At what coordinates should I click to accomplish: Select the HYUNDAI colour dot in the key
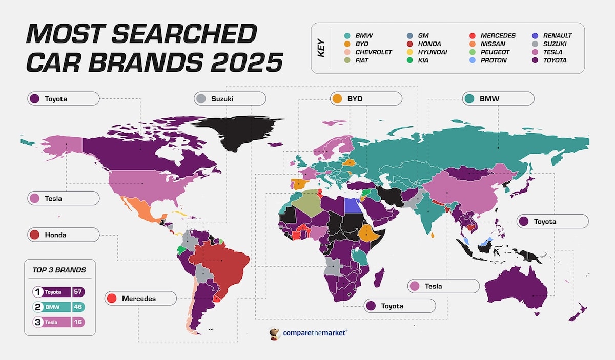(410, 52)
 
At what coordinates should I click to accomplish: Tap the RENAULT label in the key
(557, 36)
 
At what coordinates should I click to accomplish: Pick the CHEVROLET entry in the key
(374, 52)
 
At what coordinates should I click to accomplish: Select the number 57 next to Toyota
(78, 292)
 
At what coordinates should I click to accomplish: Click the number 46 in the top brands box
(78, 307)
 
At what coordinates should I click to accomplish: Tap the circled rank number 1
(37, 292)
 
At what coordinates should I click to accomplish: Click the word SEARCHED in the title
(186, 34)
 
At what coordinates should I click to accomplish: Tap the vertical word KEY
(322, 48)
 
